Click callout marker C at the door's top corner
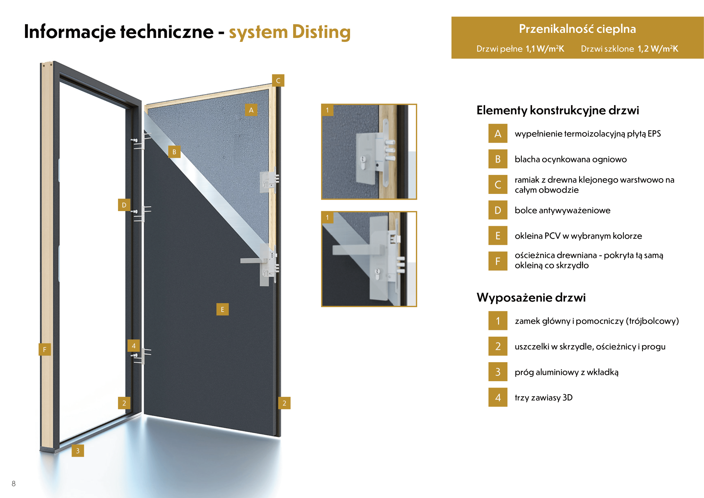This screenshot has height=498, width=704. [278, 81]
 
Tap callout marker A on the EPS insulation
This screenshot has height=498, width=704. [251, 110]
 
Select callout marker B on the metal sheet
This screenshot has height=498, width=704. [174, 152]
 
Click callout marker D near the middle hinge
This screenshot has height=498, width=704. [124, 205]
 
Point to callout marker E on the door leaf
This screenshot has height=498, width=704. [222, 310]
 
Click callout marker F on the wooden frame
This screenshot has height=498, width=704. [45, 349]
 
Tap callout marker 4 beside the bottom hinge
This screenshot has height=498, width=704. [133, 346]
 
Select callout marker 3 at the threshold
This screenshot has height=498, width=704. [78, 450]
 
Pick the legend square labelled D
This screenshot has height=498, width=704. [497, 210]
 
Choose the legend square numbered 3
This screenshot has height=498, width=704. [497, 372]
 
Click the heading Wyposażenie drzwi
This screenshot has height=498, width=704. [531, 297]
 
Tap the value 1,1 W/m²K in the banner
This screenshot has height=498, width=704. [544, 49]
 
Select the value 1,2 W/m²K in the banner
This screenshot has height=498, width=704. [658, 49]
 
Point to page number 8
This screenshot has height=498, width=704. [14, 484]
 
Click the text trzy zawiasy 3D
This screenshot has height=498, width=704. [543, 397]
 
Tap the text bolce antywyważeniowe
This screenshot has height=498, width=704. [562, 210]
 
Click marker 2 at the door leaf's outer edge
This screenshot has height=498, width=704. [284, 403]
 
